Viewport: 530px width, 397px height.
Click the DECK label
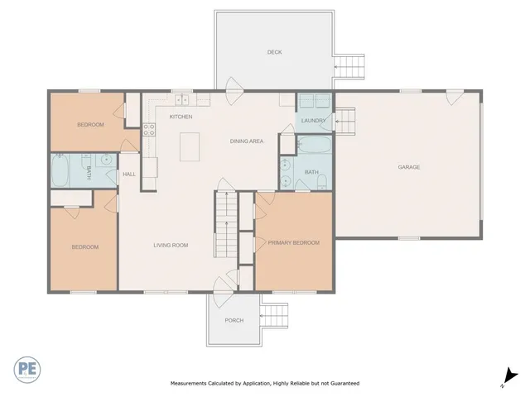[274, 52]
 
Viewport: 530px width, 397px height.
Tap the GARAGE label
[409, 167]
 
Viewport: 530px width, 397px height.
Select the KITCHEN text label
[181, 117]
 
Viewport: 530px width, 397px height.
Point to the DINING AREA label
[247, 141]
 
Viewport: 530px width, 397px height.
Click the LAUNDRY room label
[312, 121]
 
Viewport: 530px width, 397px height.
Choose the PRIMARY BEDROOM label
[293, 242]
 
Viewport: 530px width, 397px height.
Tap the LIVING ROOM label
[171, 245]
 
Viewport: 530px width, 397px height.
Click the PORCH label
[234, 320]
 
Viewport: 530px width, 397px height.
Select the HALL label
[129, 174]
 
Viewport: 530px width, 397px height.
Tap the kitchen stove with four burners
[149, 129]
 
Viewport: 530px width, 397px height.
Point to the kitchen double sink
[182, 100]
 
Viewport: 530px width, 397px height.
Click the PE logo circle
[27, 368]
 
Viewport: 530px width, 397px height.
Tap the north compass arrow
[512, 376]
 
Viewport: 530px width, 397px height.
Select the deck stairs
[349, 65]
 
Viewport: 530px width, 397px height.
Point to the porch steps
[274, 316]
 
